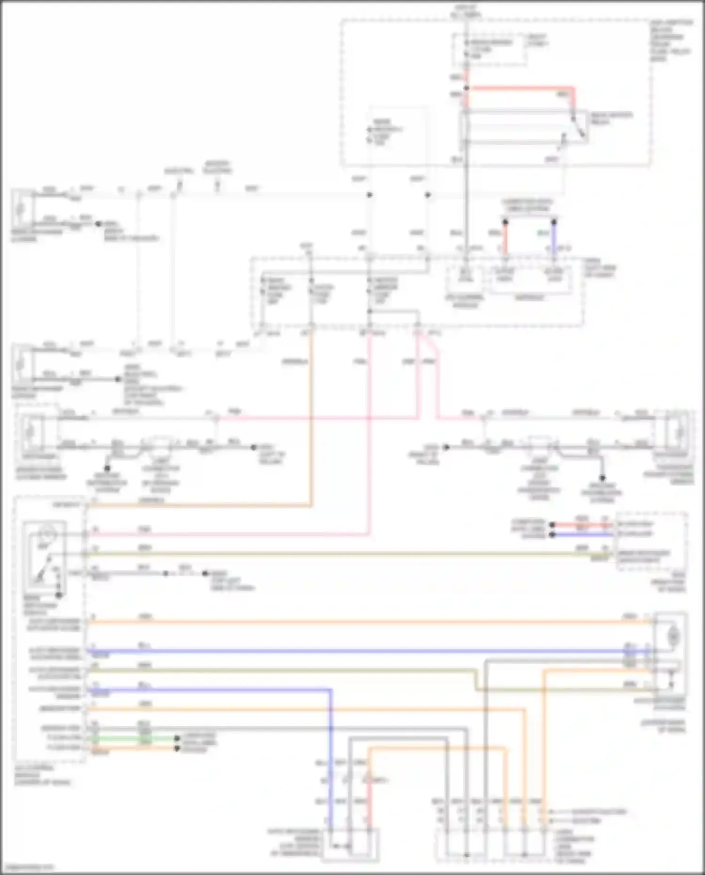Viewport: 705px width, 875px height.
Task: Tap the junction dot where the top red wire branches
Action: pyautogui.click(x=467, y=88)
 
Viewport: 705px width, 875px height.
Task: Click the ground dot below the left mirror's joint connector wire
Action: pyautogui.click(x=107, y=468)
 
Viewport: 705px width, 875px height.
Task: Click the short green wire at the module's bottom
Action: pyautogui.click(x=136, y=739)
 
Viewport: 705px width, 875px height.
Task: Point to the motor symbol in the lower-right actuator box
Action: pyautogui.click(x=673, y=637)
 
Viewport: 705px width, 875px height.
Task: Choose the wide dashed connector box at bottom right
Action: pyautogui.click(x=494, y=846)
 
